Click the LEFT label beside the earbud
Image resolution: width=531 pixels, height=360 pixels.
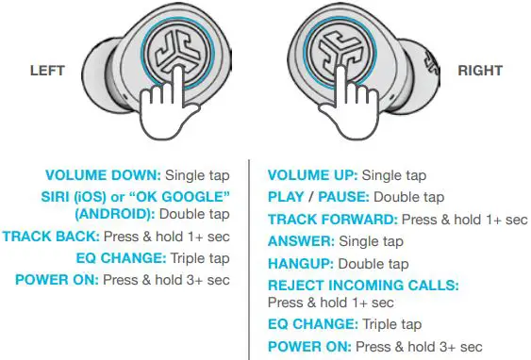pyautogui.click(x=46, y=71)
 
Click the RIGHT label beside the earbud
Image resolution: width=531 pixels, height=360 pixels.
pyautogui.click(x=480, y=71)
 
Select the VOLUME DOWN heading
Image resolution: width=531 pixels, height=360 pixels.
pyautogui.click(x=103, y=175)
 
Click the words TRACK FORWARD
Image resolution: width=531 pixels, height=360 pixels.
pyautogui.click(x=332, y=220)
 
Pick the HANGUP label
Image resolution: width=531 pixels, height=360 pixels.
pyautogui.click(x=301, y=264)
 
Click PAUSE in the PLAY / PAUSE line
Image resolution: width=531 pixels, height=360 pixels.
pyautogui.click(x=346, y=198)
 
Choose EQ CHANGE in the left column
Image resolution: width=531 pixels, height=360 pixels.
pyautogui.click(x=123, y=257)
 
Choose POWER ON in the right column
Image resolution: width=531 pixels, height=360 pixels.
pyautogui.click(x=310, y=347)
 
